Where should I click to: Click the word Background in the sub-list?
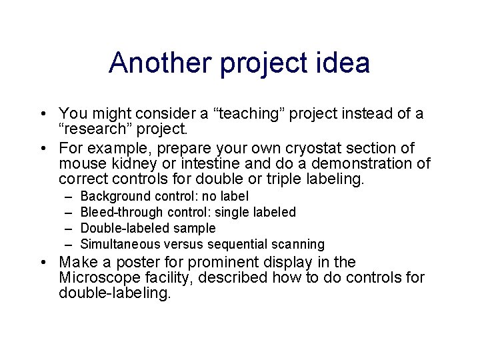coord(115,197)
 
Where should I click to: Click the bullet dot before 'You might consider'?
coord(42,114)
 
